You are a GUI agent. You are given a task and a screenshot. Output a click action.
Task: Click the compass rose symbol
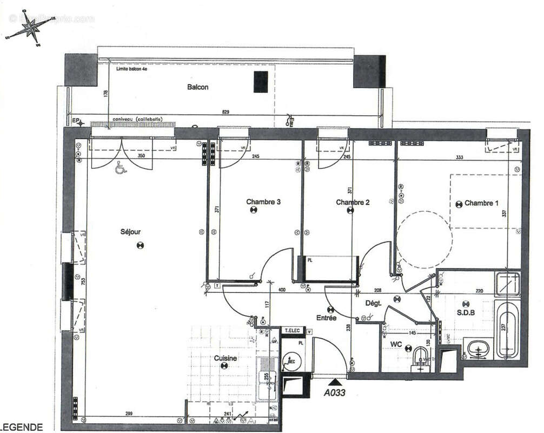pos(32,29)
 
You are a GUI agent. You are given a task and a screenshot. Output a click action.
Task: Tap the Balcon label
pos(197,87)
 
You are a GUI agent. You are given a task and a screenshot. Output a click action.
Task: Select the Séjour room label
pos(130,232)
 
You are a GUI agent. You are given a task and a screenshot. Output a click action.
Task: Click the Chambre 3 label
pos(263,202)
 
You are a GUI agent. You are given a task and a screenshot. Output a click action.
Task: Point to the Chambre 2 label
pos(353,202)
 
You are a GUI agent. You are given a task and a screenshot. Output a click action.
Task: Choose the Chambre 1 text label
pos(481,203)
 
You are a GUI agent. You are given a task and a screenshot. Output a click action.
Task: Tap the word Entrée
pos(327,318)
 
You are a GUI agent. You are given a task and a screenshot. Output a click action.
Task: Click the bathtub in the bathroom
pos(507,330)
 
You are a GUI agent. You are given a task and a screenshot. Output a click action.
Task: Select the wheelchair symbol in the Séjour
pos(120,169)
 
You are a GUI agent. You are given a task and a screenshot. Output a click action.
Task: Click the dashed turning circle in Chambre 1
pos(424,239)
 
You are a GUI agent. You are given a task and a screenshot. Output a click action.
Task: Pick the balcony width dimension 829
pos(225,112)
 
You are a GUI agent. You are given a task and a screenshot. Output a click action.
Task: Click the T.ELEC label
pos(293,330)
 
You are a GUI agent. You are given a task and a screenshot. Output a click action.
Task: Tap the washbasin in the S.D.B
pos(477,350)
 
